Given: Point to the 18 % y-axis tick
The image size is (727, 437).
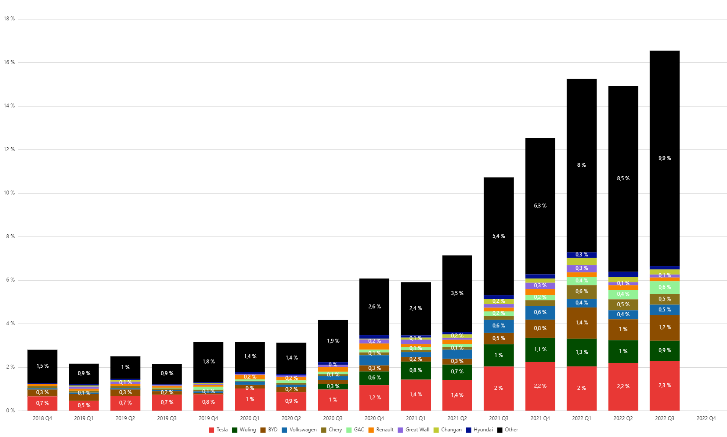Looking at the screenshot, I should coord(9,19).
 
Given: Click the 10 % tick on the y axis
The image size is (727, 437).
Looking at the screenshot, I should coord(9,193).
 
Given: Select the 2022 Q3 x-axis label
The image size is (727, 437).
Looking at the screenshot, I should coord(664,418).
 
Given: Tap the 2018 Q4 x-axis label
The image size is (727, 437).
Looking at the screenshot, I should coord(42,418).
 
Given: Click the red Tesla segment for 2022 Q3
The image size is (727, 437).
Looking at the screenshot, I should coord(664,385).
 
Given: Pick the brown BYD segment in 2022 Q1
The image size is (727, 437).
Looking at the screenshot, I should coord(581,323).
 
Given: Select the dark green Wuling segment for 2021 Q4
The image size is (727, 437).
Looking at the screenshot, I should coord(540,350).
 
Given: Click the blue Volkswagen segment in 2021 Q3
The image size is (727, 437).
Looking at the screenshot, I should coord(498,326).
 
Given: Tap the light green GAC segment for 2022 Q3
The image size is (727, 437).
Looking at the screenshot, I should coord(664,287).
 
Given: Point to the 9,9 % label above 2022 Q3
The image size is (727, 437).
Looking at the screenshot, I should coord(664,158).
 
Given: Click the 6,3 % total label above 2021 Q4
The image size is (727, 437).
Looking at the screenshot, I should coord(540,206).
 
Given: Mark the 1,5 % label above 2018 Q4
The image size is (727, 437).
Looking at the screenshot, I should coord(42,366).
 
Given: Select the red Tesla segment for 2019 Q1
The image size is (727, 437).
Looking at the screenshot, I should coord(84,405).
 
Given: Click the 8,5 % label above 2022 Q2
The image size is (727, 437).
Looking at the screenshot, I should coord(623,178).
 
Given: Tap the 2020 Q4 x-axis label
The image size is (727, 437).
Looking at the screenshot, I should coord(374,418).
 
